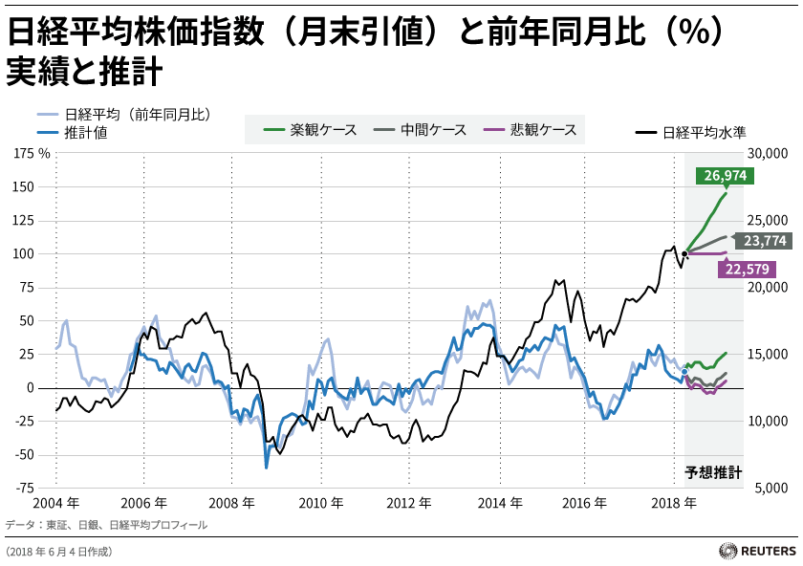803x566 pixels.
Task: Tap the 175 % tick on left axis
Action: point(33,153)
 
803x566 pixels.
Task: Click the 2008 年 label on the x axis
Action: point(233,503)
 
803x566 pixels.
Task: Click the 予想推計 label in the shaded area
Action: point(714,472)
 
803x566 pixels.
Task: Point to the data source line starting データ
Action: point(106,525)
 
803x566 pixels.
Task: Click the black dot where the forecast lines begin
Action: point(684,253)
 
